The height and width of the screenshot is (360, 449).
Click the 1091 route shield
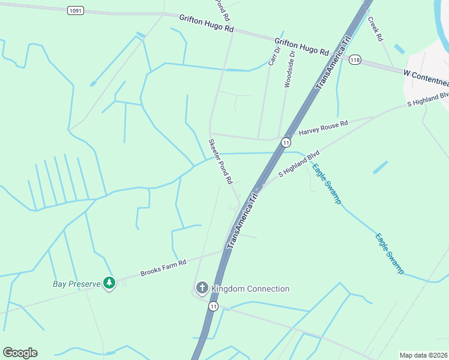pyautogui.click(x=74, y=10)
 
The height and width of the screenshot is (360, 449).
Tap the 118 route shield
pyautogui.click(x=355, y=59)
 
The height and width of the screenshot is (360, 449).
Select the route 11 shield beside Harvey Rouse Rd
pyautogui.click(x=286, y=142)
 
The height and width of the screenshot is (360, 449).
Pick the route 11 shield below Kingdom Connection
pyautogui.click(x=213, y=306)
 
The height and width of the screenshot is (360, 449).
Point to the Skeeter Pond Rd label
pyautogui.click(x=220, y=161)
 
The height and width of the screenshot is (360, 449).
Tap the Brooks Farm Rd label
pyautogui.click(x=163, y=268)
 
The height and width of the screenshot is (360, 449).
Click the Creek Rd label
pyautogui.click(x=375, y=28)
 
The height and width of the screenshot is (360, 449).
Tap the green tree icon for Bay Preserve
pyautogui.click(x=109, y=283)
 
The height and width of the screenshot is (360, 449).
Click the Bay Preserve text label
pyautogui.click(x=76, y=282)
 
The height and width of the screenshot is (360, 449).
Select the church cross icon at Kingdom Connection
pyautogui.click(x=202, y=289)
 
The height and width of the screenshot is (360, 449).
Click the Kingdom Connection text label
pyautogui.click(x=250, y=289)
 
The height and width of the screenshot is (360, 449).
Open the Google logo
pyautogui.click(x=20, y=352)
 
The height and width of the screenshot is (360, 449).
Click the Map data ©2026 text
pyautogui.click(x=423, y=355)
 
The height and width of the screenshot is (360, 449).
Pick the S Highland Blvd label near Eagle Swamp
pyautogui.click(x=298, y=164)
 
